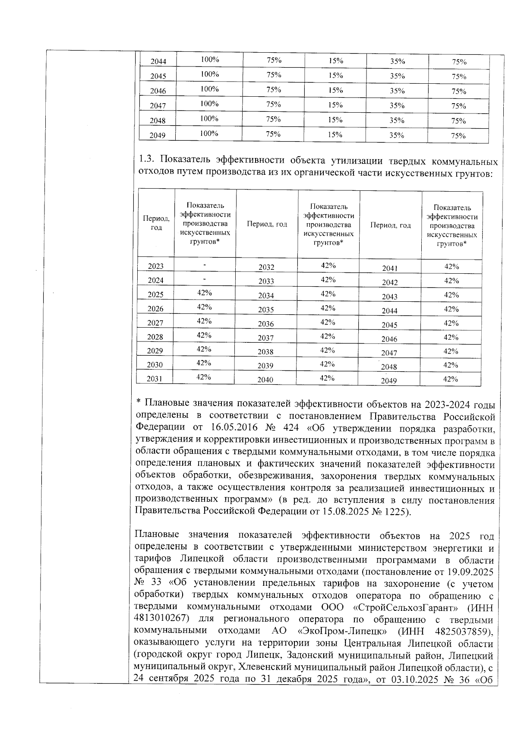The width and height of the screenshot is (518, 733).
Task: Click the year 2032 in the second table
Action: (x=266, y=267)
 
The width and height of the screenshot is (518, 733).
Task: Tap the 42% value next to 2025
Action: (x=204, y=293)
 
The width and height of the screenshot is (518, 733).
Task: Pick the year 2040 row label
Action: (x=265, y=380)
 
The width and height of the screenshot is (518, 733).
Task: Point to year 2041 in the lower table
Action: (x=389, y=269)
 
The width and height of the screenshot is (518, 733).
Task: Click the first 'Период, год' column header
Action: (x=156, y=223)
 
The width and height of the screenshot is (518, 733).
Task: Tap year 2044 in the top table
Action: (x=158, y=62)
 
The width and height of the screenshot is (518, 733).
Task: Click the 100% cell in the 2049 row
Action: (x=209, y=133)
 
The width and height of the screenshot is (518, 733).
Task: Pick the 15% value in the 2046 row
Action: (x=335, y=90)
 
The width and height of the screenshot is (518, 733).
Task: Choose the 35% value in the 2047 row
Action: (x=397, y=105)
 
